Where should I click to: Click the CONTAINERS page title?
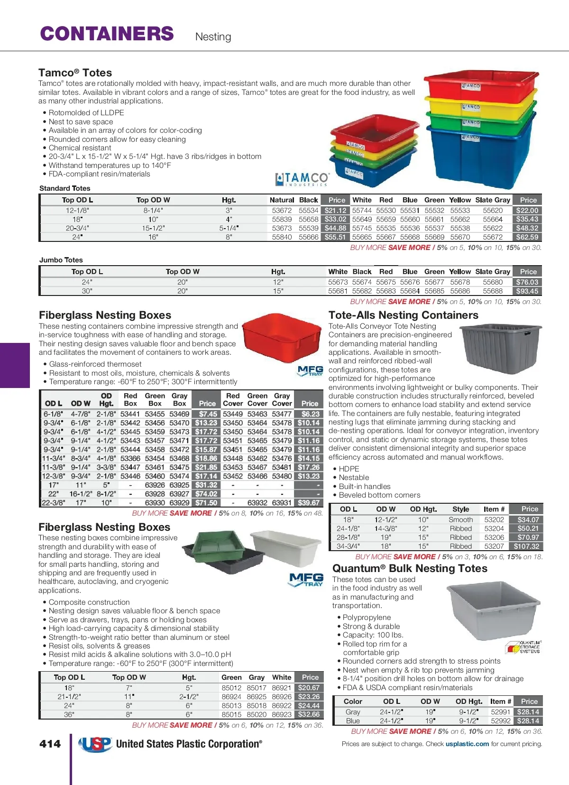107,34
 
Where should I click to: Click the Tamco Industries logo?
302,179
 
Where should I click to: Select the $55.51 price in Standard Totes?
335,237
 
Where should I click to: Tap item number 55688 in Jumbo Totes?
493,291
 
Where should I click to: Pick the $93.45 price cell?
527,291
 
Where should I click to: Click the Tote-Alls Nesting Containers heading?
404,315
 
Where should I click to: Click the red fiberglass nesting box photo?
282,338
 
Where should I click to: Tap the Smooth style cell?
461,520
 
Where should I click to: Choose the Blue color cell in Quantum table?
353,721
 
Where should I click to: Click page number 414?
50,744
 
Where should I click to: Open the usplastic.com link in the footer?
467,744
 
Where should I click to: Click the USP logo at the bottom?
95,744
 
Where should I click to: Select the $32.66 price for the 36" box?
309,714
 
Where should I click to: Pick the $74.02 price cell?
206,494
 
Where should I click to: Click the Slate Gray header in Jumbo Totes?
493,272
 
